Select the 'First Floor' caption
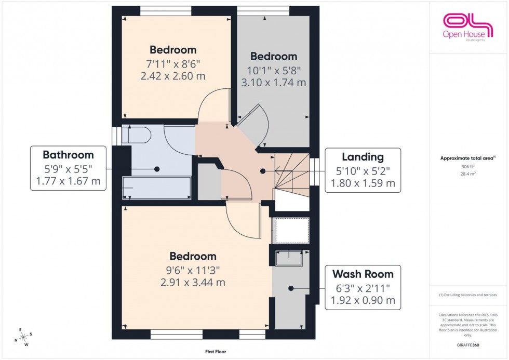click(x=215, y=352)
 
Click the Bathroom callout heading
click(x=68, y=155)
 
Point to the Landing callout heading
click(x=363, y=157)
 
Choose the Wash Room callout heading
click(x=363, y=274)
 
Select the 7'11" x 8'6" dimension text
click(x=173, y=64)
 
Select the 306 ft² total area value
click(x=468, y=167)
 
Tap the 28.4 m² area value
click(x=468, y=175)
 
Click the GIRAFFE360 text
click(x=468, y=344)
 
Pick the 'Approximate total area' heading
click(x=467, y=158)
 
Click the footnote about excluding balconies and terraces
click(x=468, y=295)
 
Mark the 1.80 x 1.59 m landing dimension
click(x=363, y=183)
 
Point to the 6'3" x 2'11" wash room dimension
click(x=363, y=288)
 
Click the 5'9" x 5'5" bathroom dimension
click(x=68, y=169)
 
